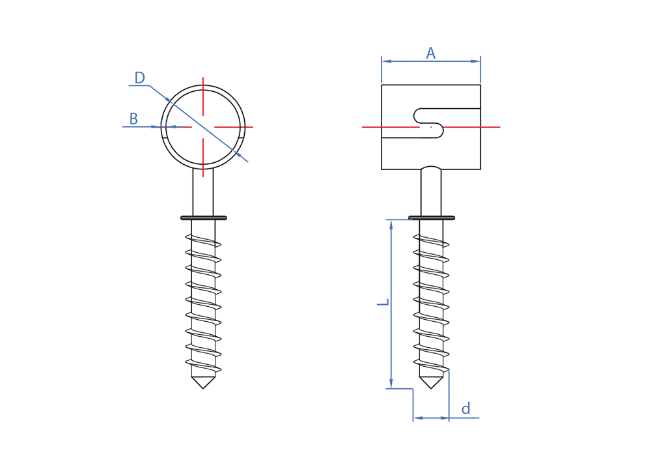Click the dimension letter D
point(139,78)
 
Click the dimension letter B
point(133,119)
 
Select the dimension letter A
point(430,53)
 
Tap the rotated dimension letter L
point(383,302)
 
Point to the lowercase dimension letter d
point(465,409)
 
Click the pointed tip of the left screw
point(203,387)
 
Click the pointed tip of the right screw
point(431,387)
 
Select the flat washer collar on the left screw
point(203,218)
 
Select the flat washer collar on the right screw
point(431,218)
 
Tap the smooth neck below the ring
point(203,192)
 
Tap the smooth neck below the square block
point(431,192)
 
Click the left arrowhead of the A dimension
point(386,61)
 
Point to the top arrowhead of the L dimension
point(391,225)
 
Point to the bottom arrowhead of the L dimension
point(391,384)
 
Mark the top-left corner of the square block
point(381,85)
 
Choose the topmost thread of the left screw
point(203,240)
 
